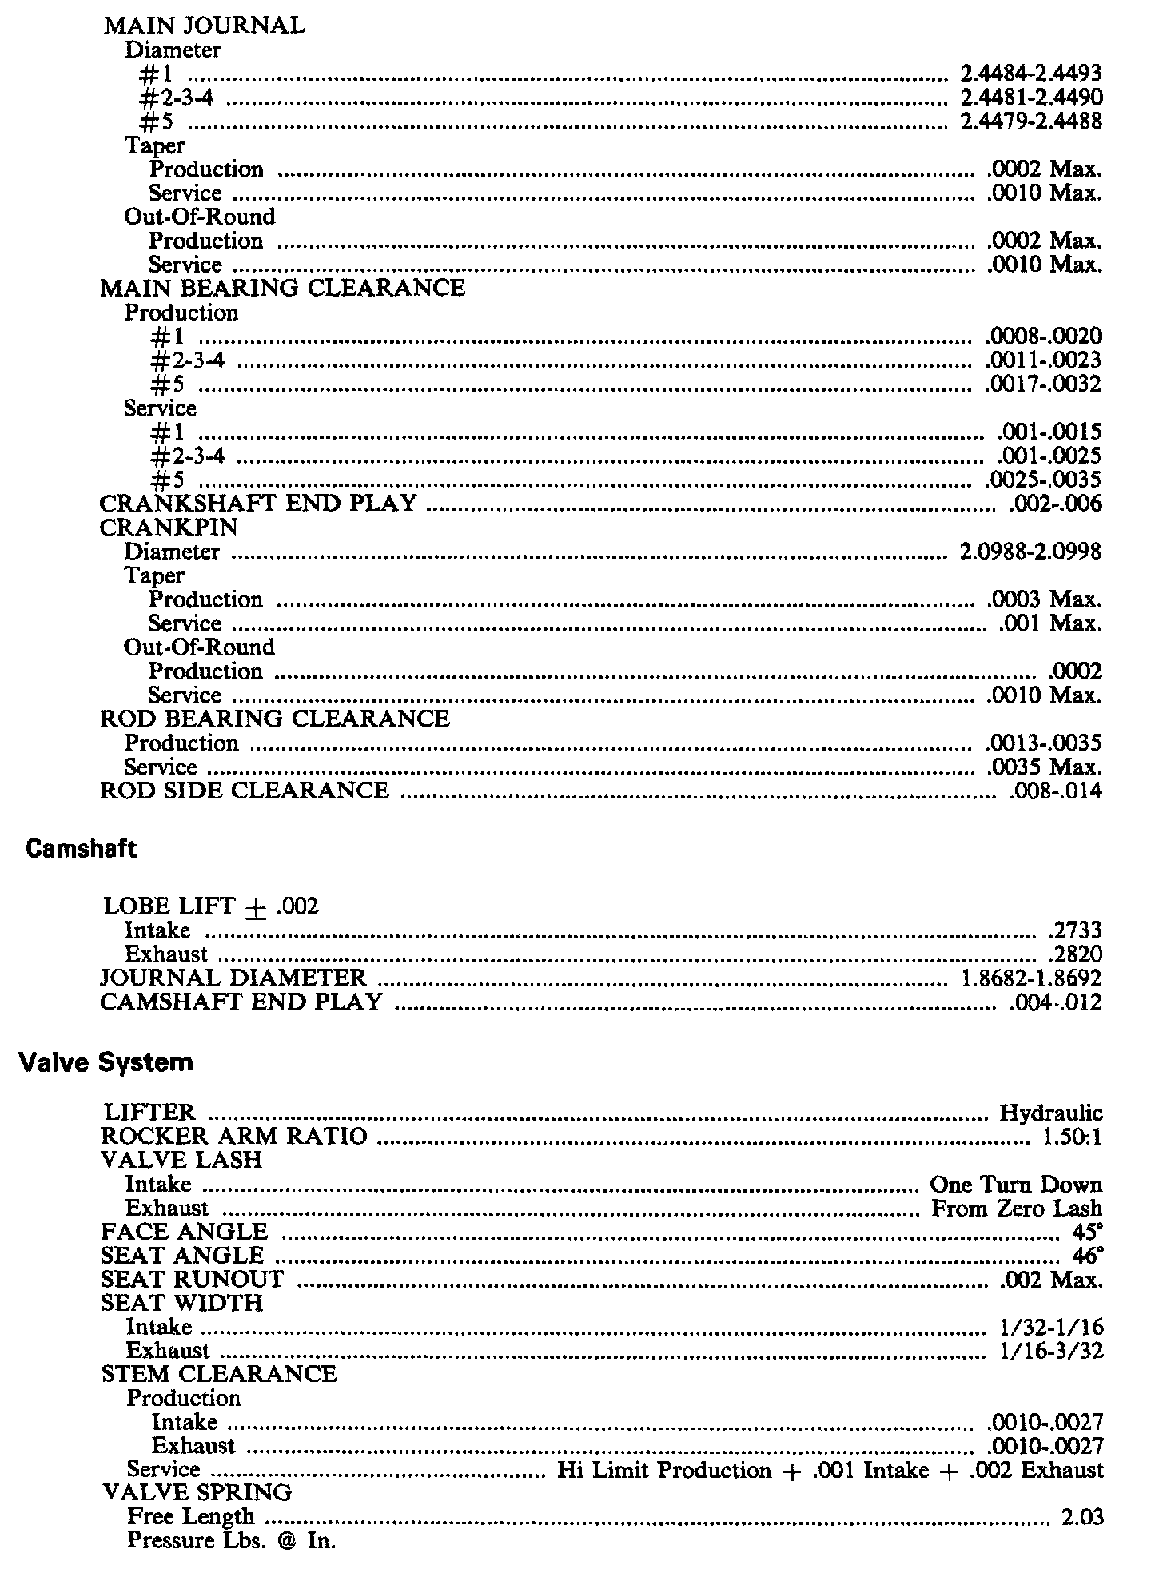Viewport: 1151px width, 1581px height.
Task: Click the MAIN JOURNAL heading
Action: [204, 26]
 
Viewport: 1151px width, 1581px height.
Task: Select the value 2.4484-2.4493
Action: [1030, 74]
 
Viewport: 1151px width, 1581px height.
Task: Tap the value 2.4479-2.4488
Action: [1030, 121]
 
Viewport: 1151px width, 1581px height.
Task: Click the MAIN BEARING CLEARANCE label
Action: [282, 288]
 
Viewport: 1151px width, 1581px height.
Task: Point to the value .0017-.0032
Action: [1044, 384]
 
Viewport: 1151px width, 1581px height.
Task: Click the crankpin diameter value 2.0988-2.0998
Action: [1030, 552]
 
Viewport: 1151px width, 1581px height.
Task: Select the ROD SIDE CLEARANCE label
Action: [244, 790]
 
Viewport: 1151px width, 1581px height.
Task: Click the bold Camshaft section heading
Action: [81, 849]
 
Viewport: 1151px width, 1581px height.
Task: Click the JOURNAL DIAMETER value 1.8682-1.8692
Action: [1030, 978]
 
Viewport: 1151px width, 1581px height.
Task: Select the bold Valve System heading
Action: [106, 1062]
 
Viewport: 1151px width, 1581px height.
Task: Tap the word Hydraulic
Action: [1050, 1113]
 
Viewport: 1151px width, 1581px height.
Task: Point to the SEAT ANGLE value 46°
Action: [1089, 1256]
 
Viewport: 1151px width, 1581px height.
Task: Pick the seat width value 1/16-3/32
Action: [1051, 1351]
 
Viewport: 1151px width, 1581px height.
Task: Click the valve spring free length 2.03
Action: [1082, 1517]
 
